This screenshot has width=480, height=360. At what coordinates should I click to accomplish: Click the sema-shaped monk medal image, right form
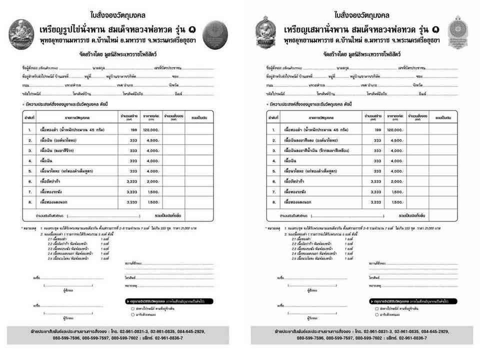(263, 32)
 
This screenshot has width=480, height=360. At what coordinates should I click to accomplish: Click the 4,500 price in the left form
(152, 140)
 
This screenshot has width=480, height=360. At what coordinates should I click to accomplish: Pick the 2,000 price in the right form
(396, 181)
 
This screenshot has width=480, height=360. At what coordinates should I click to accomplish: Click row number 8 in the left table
(30, 202)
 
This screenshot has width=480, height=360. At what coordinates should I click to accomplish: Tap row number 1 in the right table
(273, 130)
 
